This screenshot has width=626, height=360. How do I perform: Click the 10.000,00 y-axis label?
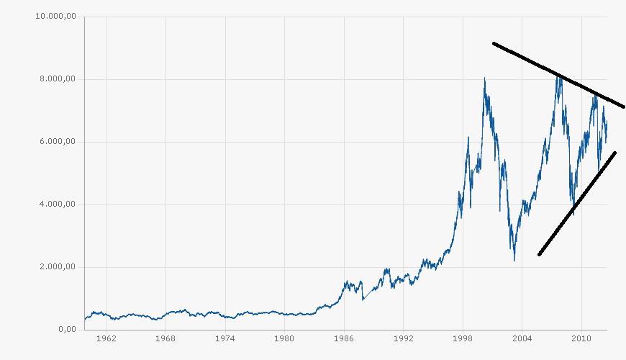point(55,17)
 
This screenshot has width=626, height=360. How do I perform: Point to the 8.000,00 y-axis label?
point(58,79)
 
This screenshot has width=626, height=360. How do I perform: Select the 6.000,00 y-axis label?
point(58,142)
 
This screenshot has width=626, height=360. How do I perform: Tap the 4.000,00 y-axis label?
point(58,204)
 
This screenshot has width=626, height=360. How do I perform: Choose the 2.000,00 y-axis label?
point(58,267)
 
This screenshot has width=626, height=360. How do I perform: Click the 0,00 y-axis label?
point(66,330)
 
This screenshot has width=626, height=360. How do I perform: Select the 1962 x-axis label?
point(106,338)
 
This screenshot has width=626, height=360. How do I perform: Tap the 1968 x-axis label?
point(165,338)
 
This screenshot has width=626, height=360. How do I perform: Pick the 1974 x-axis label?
point(225,338)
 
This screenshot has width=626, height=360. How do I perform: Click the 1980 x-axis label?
point(284,338)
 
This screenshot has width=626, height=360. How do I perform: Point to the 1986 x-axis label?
point(344,338)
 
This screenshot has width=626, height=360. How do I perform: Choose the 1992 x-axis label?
point(404,338)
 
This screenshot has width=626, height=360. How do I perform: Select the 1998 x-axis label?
point(463,338)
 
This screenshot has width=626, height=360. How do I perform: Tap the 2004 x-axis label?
point(522,338)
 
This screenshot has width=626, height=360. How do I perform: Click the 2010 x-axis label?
point(581,338)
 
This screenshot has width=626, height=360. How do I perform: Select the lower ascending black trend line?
point(576,204)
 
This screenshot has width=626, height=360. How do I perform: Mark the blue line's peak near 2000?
point(484,78)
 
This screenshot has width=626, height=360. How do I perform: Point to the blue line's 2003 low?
point(514,260)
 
